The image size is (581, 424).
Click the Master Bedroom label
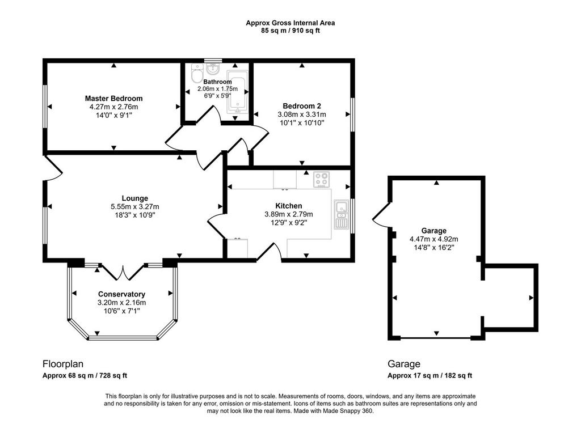tap(113, 99)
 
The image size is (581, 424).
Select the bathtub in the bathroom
tap(237, 92)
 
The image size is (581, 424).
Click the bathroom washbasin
tap(213, 69)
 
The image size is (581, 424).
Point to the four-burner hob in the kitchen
tap(322, 180)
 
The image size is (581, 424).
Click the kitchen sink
tap(341, 214)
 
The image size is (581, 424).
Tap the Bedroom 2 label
tap(302, 106)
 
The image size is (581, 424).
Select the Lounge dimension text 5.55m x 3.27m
tap(135, 207)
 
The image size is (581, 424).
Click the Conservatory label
tap(121, 294)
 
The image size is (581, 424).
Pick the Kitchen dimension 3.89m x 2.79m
tap(289, 214)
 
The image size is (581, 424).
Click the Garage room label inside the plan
tap(434, 231)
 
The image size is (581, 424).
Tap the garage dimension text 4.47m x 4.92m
tap(434, 239)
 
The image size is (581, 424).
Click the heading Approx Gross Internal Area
tap(290, 23)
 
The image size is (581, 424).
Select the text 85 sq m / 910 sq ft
tap(290, 31)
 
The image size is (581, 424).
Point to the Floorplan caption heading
tap(63, 364)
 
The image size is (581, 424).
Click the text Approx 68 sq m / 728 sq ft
tap(85, 375)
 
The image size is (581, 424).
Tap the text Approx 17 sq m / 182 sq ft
tap(430, 375)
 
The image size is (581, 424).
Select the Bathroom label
tap(217, 82)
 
